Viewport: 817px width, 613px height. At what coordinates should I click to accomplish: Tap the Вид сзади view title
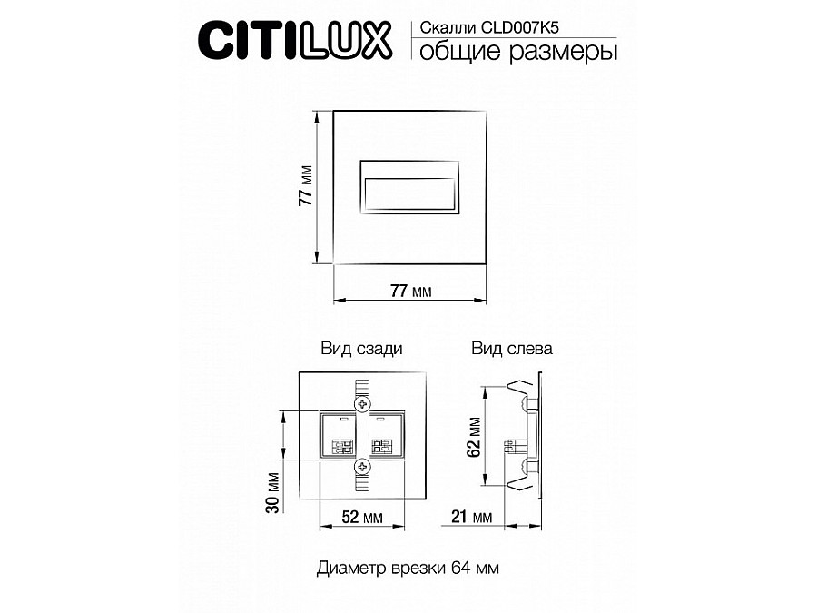361,349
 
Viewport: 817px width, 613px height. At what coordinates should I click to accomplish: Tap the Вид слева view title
511,349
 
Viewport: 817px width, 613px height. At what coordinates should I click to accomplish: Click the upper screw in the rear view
362,402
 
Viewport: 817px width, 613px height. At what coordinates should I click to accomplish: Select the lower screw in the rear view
362,467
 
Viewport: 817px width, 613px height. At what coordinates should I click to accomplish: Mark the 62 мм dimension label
474,436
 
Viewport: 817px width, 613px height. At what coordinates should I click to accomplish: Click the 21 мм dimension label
469,517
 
